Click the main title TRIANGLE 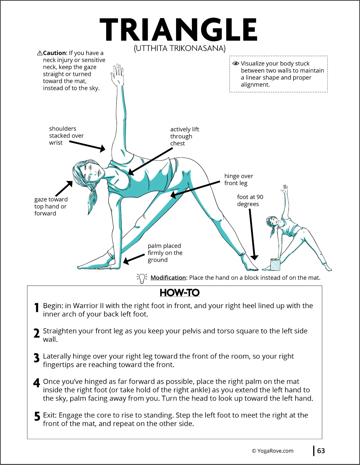[x=179, y=30]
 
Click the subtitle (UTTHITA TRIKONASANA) [x=180, y=48]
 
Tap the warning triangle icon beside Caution [x=40, y=53]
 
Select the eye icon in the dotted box [x=236, y=63]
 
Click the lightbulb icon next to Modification [x=142, y=278]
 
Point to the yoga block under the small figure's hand [x=275, y=265]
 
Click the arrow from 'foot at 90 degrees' [x=252, y=234]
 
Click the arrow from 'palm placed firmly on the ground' [x=134, y=259]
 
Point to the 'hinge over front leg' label [x=238, y=179]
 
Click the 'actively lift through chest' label [x=184, y=136]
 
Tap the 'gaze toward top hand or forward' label [x=51, y=206]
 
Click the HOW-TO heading [x=179, y=293]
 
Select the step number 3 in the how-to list [x=36, y=358]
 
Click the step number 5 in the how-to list [x=37, y=416]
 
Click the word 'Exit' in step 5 [x=49, y=415]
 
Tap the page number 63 [x=321, y=451]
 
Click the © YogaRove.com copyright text [x=273, y=451]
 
